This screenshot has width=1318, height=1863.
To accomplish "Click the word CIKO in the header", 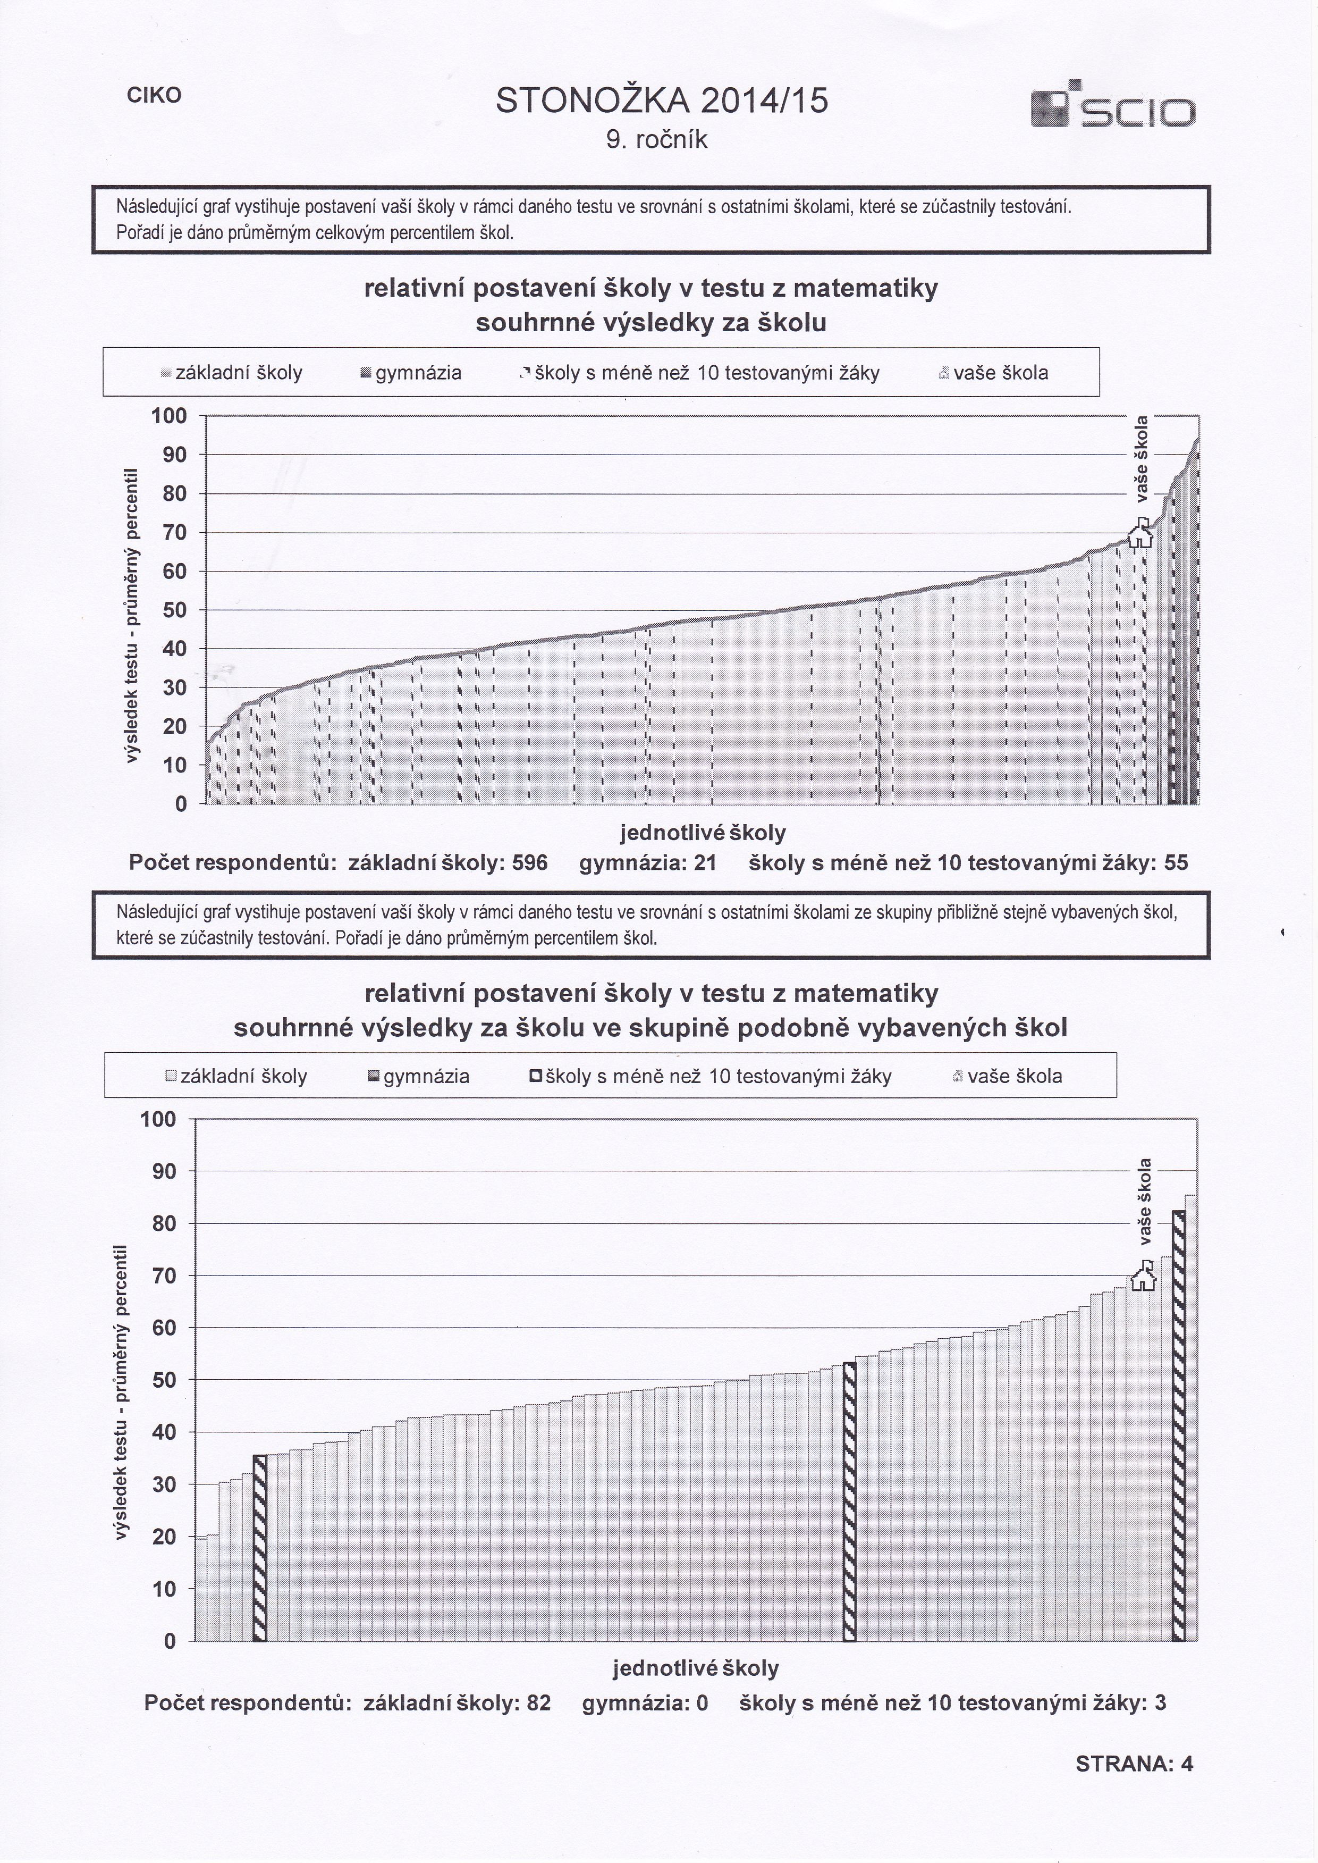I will pyautogui.click(x=154, y=95).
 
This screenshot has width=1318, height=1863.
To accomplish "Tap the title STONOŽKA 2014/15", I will pyautogui.click(x=662, y=102).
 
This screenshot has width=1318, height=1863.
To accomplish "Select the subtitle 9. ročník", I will pyautogui.click(x=657, y=140).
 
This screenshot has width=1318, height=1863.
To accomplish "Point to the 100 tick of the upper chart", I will pyautogui.click(x=169, y=416).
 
